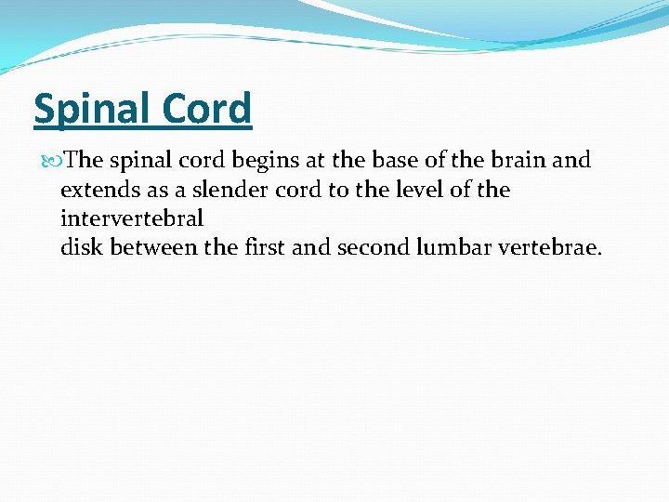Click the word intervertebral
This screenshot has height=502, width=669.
coord(132,219)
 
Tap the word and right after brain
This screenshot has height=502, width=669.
coord(571,160)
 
